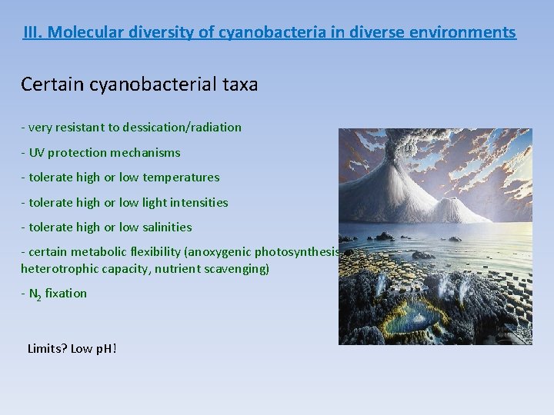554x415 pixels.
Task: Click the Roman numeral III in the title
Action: (x=32, y=32)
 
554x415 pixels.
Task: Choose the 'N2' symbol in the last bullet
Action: (x=35, y=294)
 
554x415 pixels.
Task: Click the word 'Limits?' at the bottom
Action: (x=47, y=348)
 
